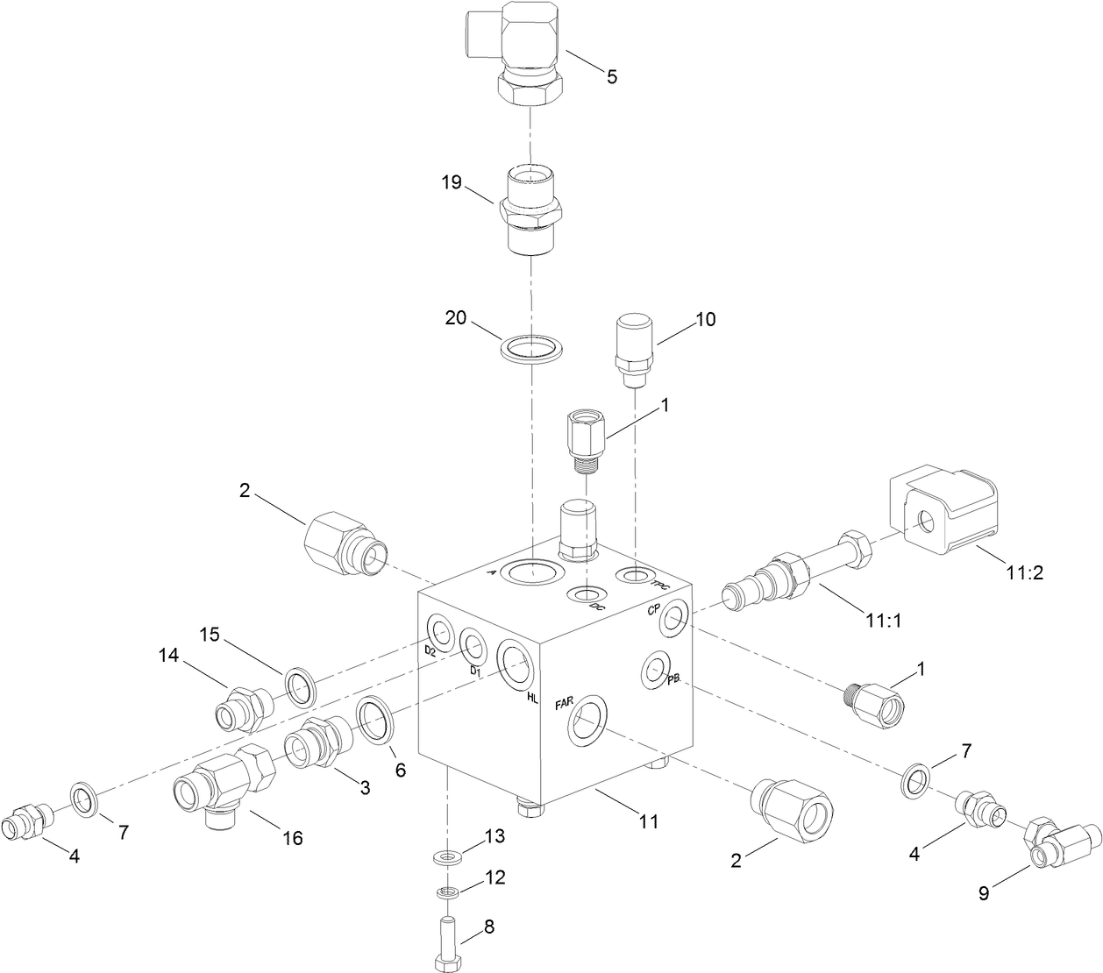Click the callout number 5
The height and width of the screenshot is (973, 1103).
pyautogui.click(x=611, y=77)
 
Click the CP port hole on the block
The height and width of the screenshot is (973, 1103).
pyautogui.click(x=673, y=619)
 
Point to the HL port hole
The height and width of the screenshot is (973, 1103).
pyautogui.click(x=515, y=664)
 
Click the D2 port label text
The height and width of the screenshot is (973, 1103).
pyautogui.click(x=430, y=651)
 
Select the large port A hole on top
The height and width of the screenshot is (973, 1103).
pyautogui.click(x=532, y=572)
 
